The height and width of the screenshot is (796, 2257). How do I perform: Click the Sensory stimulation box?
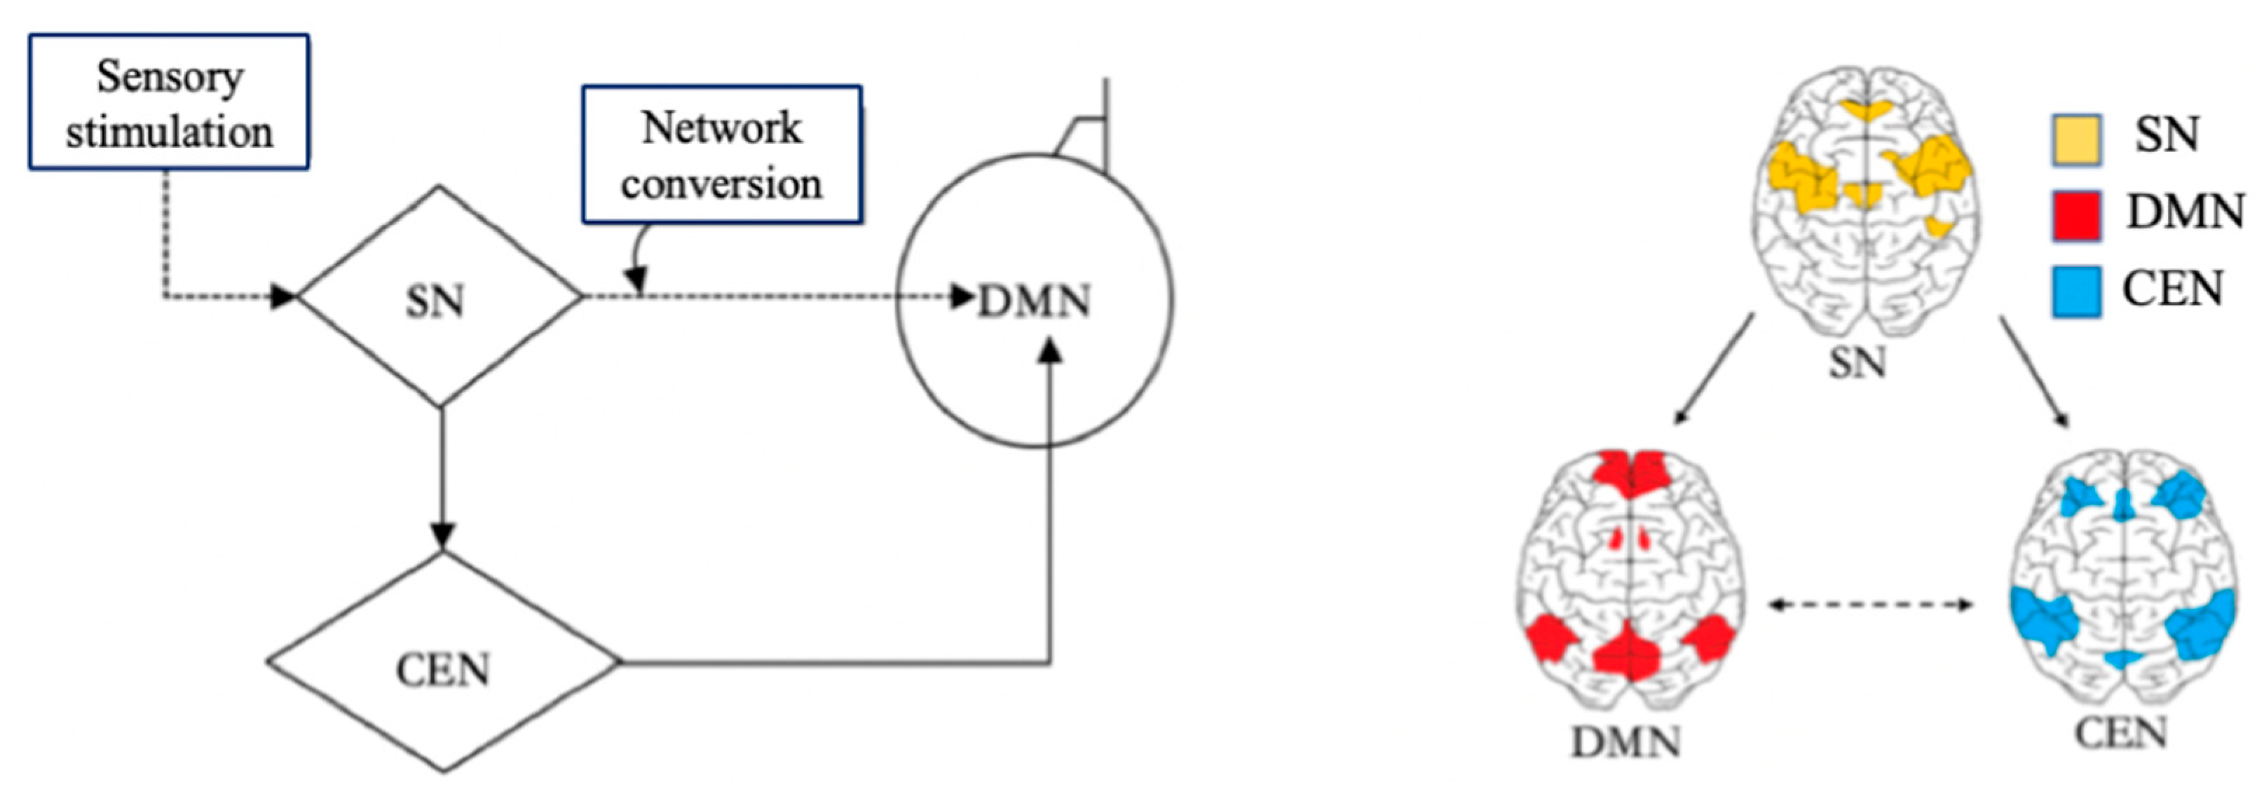[168, 102]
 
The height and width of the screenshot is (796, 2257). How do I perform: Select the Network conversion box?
[722, 154]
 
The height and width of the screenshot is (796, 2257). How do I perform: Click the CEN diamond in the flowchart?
[443, 664]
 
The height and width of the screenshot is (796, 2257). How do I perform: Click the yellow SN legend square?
[2075, 140]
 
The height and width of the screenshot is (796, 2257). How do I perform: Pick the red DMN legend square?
[2075, 215]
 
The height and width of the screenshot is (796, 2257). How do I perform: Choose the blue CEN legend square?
[2075, 291]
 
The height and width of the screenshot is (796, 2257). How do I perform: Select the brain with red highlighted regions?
[1630, 582]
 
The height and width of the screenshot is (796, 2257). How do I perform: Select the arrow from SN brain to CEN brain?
[2034, 371]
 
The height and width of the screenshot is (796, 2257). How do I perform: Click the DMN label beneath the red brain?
[1626, 743]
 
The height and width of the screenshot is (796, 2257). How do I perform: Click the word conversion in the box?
[722, 184]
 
